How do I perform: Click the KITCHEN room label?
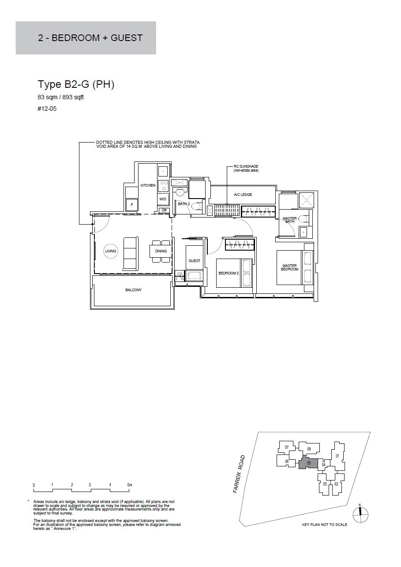pos(148,185)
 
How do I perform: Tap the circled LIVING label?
pos(111,251)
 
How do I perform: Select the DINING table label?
pos(161,251)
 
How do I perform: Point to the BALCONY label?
pos(133,290)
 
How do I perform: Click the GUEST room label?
pos(194,261)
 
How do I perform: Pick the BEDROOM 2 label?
pos(229,273)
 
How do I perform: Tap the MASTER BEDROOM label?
pos(290,267)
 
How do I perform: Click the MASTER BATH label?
pos(290,220)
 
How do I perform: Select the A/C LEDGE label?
pos(243,195)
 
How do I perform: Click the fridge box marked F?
pos(132,205)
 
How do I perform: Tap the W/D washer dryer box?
pos(163,199)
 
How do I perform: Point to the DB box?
pos(164,210)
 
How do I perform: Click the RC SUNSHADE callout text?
pos(246,168)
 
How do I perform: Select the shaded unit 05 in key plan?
pos(309,463)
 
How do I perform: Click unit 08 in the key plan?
pos(309,449)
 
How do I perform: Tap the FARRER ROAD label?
pos(239,474)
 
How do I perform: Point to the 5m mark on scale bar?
pos(130,485)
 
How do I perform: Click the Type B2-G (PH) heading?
pos(76,85)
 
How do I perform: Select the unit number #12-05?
pos(47,109)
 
